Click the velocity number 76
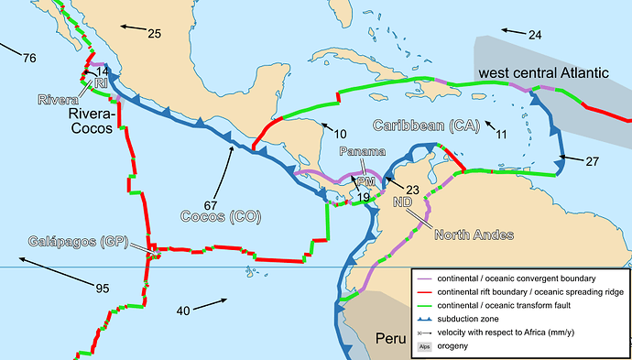[29, 59]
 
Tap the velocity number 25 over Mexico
[154, 34]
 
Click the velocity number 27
[592, 161]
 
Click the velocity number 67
[210, 202]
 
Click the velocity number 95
[103, 289]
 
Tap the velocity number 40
[183, 311]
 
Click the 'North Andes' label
[474, 235]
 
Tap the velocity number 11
[501, 135]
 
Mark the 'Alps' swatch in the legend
[424, 346]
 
